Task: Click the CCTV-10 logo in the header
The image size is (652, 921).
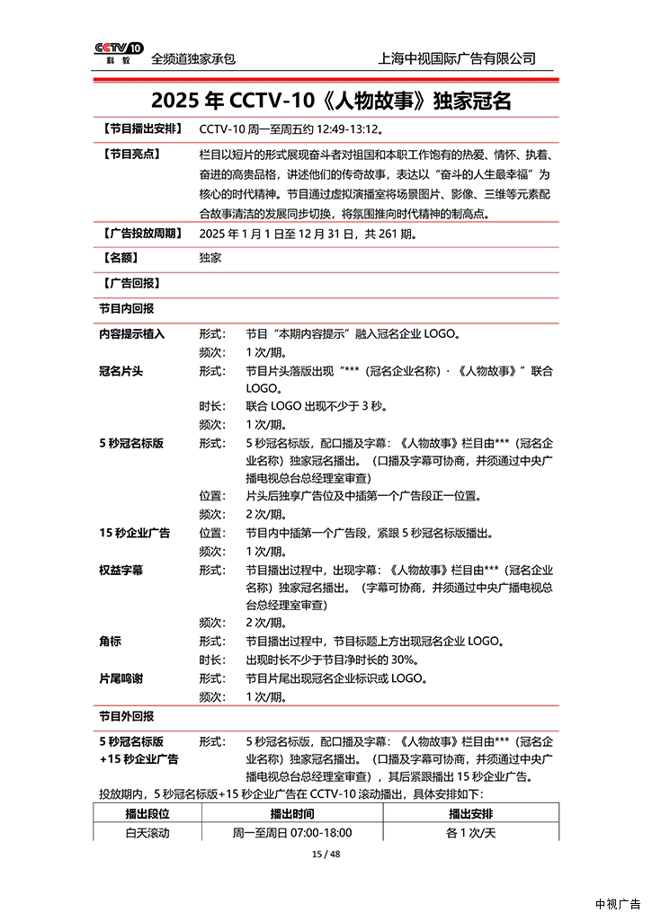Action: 119,53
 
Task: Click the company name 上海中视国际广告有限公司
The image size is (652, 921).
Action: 458,58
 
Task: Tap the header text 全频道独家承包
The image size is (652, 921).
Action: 193,58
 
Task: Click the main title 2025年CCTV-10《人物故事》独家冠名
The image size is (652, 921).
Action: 325,99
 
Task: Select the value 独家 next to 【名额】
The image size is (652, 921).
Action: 210,259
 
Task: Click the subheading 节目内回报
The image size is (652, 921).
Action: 126,308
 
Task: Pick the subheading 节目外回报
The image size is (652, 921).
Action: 126,717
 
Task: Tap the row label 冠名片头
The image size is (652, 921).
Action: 121,371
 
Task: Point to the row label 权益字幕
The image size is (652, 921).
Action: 121,571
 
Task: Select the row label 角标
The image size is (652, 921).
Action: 110,642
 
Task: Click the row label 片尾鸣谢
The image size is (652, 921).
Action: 121,678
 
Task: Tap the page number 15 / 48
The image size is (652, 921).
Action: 325,854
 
